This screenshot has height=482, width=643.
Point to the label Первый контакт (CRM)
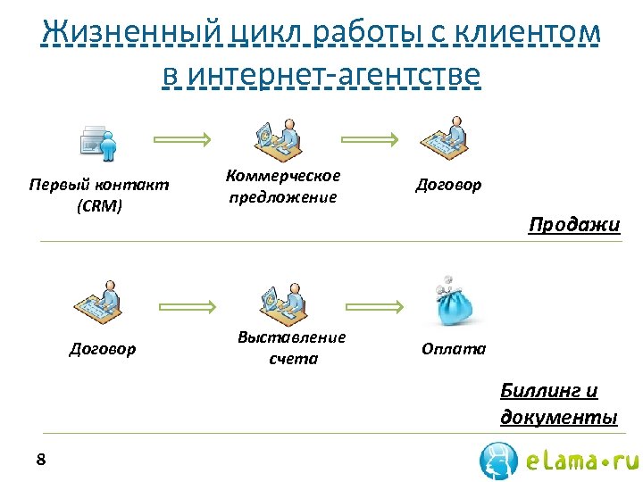pos(99,195)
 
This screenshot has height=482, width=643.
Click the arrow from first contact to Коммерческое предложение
pos(182,139)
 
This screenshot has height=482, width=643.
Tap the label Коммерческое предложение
pos(283,187)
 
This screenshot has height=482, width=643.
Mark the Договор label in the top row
pos(448,185)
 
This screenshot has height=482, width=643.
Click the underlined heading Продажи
pos(573,224)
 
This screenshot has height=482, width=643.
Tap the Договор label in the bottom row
pos(103,349)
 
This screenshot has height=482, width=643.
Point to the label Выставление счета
pos(292,347)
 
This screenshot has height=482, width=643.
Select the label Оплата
pos(454,349)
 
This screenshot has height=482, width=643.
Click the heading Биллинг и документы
pos(558,403)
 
